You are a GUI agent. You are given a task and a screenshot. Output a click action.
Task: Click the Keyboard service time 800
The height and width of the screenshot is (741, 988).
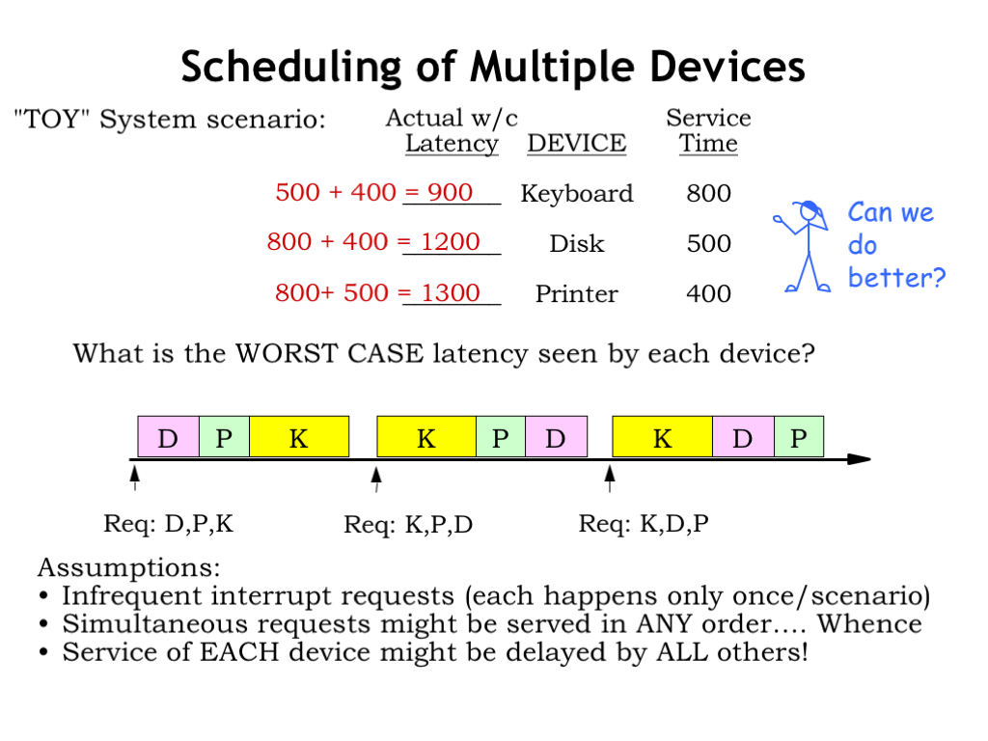[x=709, y=193]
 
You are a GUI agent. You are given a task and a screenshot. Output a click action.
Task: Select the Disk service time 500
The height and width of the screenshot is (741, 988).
[x=709, y=243]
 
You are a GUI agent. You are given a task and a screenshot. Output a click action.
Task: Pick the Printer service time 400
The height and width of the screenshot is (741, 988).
[x=709, y=293]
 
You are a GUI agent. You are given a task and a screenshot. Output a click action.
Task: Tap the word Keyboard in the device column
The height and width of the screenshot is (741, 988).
[x=577, y=193]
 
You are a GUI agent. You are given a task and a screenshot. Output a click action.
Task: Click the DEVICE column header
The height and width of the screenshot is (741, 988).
[x=577, y=143]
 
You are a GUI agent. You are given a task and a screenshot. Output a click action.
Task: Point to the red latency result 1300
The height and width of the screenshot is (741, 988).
[x=451, y=292]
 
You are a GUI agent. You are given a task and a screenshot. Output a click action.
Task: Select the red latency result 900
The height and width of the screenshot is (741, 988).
[x=450, y=192]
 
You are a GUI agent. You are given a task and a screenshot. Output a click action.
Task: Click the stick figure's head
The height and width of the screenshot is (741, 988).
[x=810, y=211]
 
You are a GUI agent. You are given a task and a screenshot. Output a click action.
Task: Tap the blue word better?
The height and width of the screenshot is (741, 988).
[x=896, y=277]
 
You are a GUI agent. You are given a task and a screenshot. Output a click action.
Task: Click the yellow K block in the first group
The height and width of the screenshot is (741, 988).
[x=299, y=436]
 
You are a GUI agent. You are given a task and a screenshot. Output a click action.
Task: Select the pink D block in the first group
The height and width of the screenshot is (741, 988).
[x=168, y=436]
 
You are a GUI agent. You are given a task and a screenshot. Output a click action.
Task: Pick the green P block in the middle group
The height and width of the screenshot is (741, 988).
[x=501, y=436]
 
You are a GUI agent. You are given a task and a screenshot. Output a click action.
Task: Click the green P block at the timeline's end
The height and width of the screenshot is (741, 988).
[x=798, y=436]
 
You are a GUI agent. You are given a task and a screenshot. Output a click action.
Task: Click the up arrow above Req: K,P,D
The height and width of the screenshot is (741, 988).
[x=376, y=479]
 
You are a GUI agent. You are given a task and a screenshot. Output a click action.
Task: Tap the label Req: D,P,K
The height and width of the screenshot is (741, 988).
[x=168, y=524]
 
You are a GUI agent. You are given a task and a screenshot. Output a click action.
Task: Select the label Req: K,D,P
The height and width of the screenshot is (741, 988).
[x=644, y=524]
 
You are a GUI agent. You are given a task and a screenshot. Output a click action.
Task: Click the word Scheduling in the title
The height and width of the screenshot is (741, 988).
[x=291, y=68]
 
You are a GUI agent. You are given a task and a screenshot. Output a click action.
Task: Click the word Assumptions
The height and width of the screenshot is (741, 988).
[x=129, y=567]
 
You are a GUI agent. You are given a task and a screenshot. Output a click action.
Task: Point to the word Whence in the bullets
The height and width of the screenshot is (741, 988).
[x=869, y=624]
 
